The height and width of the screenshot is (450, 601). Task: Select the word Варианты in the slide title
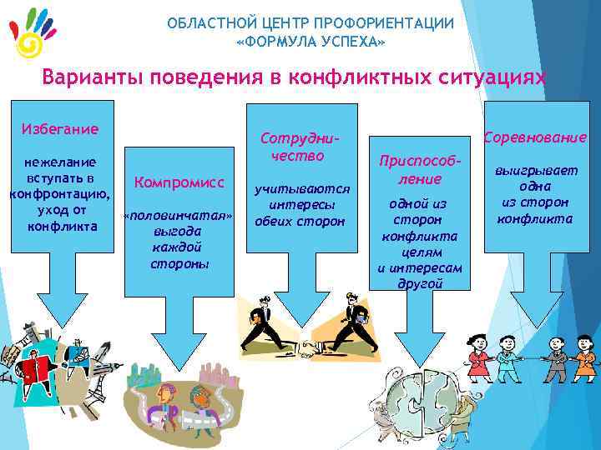click(x=92, y=77)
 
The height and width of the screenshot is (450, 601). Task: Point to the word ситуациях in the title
click(x=493, y=77)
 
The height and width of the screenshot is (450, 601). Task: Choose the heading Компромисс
click(x=177, y=181)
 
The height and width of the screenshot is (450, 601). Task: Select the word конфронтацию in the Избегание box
click(x=59, y=194)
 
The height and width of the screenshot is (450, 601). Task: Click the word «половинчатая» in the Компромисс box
click(x=177, y=216)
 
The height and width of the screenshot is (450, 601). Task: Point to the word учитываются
click(x=302, y=189)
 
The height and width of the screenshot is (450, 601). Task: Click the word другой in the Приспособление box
click(x=420, y=283)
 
